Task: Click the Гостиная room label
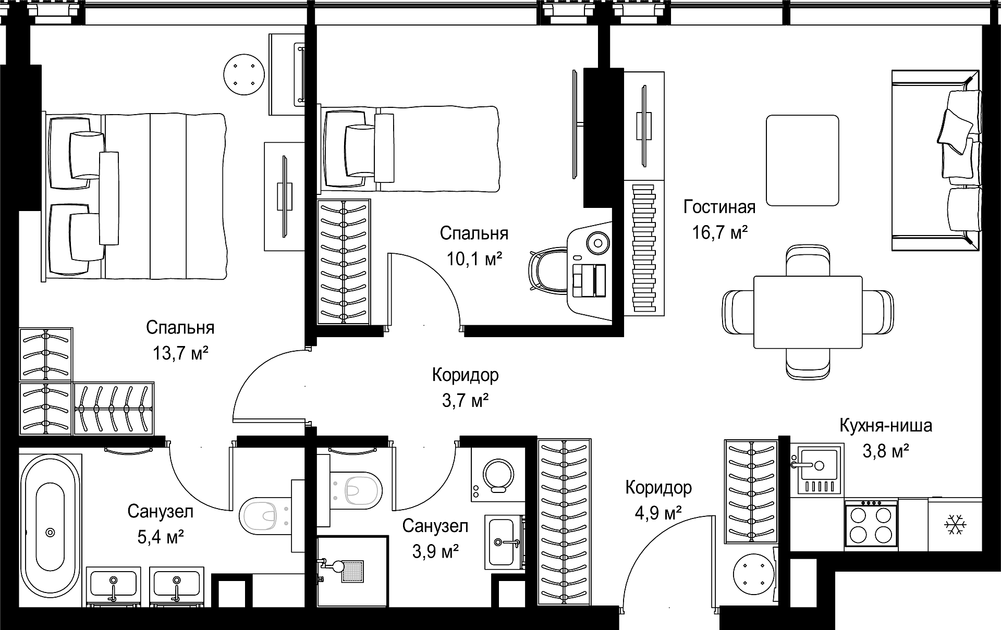tap(719, 207)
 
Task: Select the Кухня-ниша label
tap(886, 426)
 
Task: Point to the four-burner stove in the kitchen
tap(871, 524)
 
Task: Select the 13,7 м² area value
tap(180, 353)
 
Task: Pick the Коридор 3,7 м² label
tap(466, 388)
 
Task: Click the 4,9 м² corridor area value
tap(658, 513)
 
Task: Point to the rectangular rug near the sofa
tap(802, 160)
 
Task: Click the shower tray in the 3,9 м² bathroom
tap(352, 571)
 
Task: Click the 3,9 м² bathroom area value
tap(435, 551)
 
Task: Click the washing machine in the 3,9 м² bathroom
tap(498, 474)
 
